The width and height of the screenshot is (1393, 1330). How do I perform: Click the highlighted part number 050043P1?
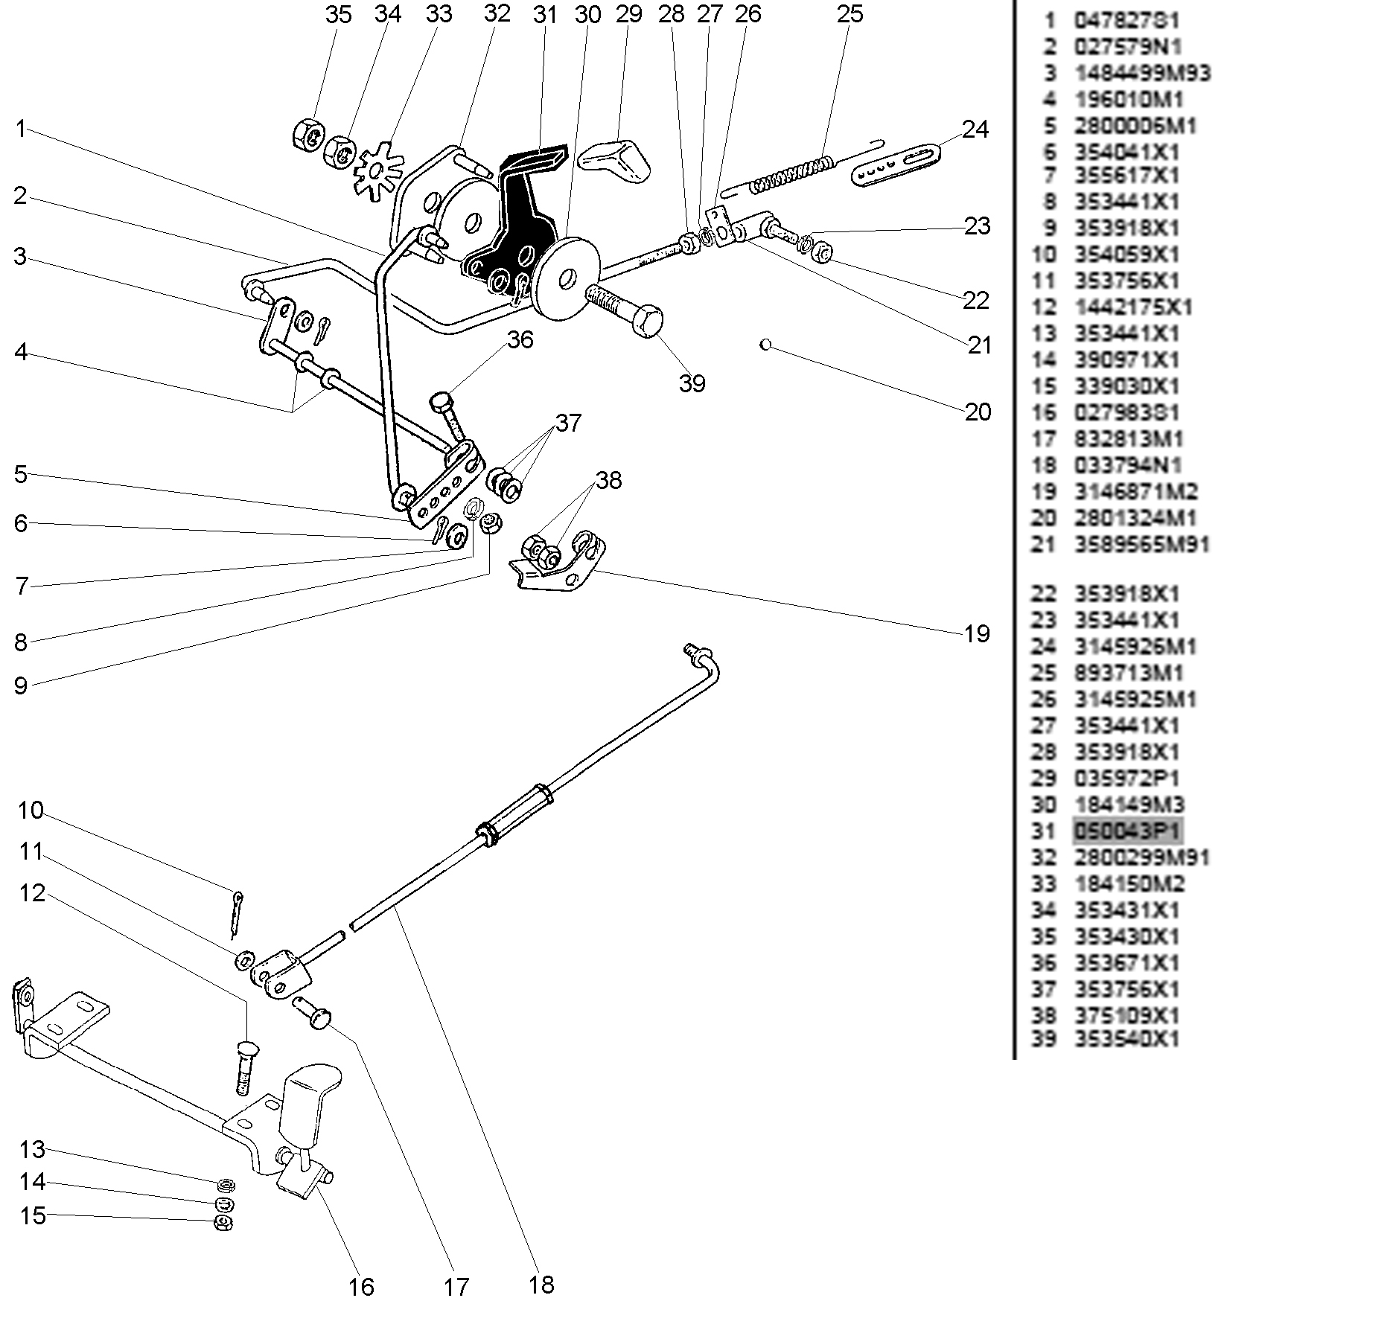tap(1126, 831)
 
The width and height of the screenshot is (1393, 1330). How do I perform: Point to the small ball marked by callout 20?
tap(765, 345)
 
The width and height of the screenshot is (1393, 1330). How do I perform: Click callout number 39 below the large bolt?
tap(692, 383)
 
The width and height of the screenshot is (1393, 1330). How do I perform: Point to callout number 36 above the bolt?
tap(520, 339)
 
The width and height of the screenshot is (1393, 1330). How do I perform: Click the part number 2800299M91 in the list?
tap(1141, 857)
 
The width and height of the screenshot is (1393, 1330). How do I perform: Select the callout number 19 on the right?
tap(977, 634)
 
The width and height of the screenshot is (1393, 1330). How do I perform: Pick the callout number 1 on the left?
tap(21, 130)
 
